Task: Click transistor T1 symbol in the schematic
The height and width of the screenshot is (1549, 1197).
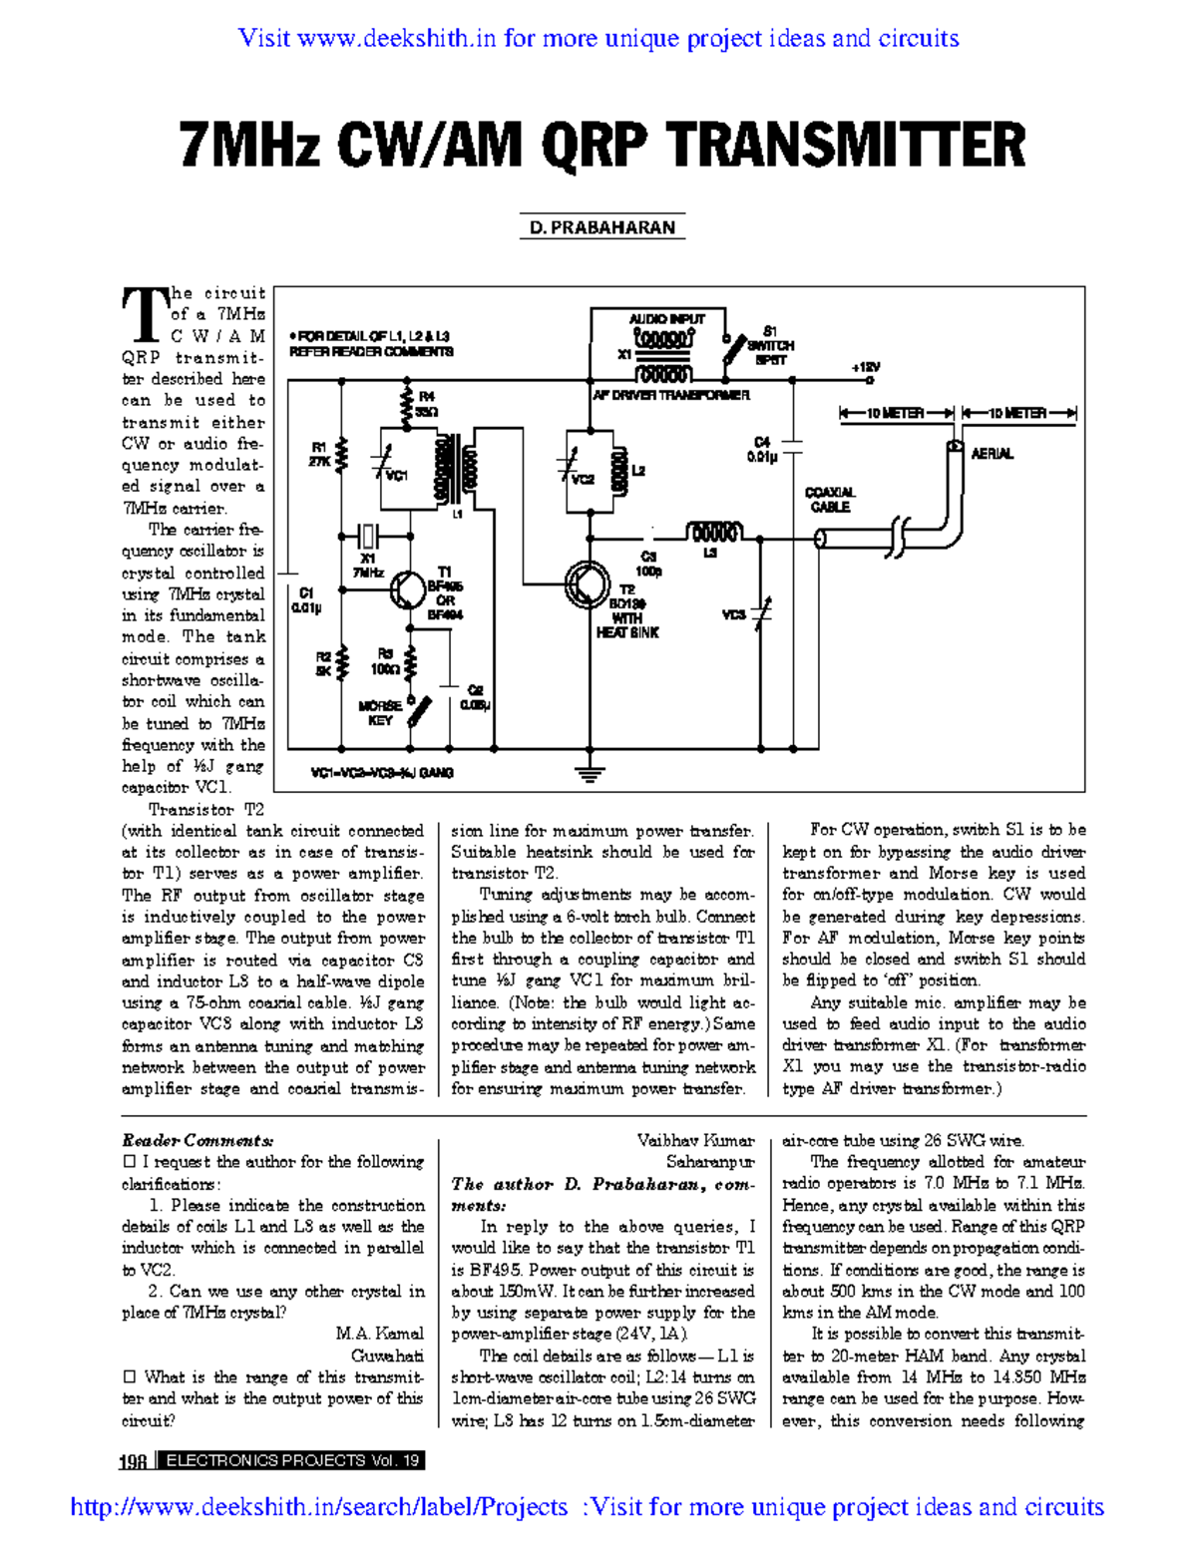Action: coord(407,589)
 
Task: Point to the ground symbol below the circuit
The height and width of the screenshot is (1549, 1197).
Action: coord(591,770)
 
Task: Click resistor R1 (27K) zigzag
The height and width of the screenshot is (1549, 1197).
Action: coord(342,454)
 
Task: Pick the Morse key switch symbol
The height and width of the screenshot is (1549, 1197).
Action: coord(420,710)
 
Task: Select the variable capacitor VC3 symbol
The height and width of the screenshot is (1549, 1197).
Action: coord(762,611)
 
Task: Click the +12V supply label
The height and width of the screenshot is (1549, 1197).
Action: coord(865,367)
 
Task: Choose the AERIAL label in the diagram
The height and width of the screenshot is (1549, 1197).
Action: coord(992,454)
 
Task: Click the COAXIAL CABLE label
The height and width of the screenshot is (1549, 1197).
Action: coord(830,499)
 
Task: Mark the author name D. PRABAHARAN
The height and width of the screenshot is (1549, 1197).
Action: coord(601,227)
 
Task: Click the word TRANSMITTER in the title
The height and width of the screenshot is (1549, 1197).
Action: coord(846,146)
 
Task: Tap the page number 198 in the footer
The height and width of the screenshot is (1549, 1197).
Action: coord(133,1462)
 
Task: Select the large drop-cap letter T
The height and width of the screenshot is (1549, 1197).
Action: coord(144,315)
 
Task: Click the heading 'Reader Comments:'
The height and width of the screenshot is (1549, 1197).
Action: coord(198,1140)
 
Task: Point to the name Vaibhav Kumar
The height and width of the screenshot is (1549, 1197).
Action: coord(695,1140)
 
